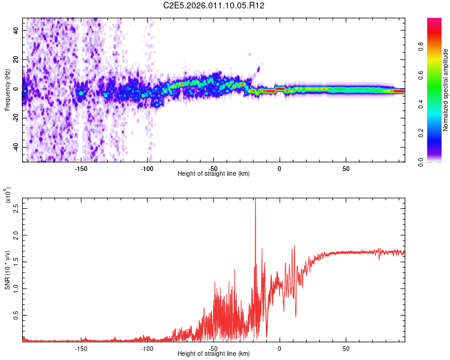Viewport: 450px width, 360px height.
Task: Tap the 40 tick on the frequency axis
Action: point(17,30)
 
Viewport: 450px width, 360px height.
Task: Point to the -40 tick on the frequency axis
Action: point(15,147)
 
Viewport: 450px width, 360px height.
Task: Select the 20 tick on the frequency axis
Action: point(17,59)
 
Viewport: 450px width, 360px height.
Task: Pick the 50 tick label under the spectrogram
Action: point(346,169)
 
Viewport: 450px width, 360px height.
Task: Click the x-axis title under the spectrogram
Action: point(214,174)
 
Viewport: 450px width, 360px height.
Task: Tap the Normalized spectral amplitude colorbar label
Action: point(446,90)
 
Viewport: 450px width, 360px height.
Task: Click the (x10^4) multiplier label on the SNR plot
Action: point(8,194)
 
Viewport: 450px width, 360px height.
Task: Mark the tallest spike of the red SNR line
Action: point(256,200)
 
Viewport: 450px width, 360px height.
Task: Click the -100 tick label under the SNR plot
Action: point(147,349)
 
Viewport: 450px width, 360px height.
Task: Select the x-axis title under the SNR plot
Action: point(214,354)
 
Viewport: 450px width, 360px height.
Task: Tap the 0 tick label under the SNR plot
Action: point(280,349)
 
